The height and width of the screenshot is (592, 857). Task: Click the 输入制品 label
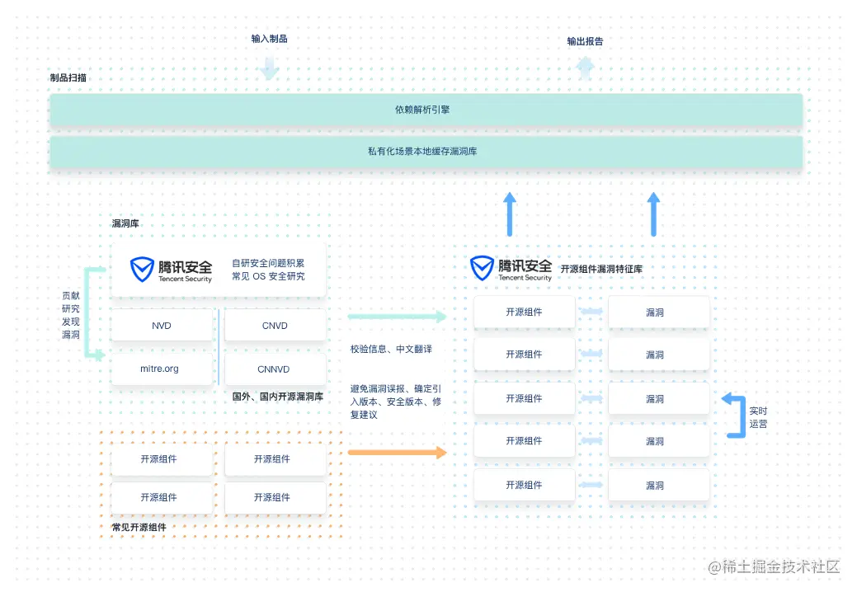tap(270, 39)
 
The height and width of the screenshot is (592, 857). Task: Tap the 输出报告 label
tap(585, 41)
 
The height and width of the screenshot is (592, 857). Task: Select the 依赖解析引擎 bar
tap(426, 109)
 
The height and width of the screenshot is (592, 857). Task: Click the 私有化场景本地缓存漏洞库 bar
tap(426, 152)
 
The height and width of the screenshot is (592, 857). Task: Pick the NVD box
tap(162, 326)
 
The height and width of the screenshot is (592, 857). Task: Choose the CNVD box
tap(275, 326)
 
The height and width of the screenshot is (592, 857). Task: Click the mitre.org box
tap(160, 369)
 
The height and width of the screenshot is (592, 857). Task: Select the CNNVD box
tap(274, 369)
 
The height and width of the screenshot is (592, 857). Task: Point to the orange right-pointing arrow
tap(397, 452)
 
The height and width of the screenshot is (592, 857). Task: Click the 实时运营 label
tap(758, 417)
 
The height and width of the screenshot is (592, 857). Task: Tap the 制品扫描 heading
tap(68, 78)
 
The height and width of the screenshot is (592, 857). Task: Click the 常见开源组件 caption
tap(139, 527)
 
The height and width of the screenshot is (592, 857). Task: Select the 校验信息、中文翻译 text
tap(391, 349)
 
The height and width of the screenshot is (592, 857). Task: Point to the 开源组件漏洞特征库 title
tap(601, 269)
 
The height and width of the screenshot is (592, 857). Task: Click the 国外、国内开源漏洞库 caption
tap(278, 397)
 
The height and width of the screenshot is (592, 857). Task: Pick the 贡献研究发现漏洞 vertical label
tap(71, 315)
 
